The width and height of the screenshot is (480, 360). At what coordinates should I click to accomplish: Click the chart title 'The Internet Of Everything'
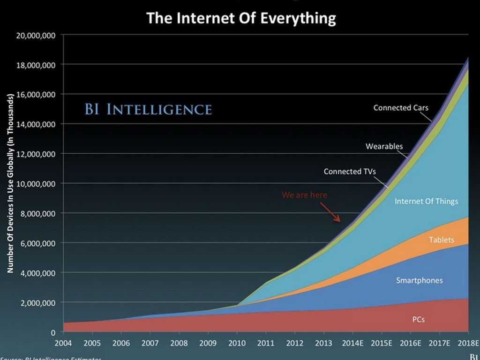241,18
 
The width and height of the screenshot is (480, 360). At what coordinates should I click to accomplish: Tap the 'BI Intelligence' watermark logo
148,109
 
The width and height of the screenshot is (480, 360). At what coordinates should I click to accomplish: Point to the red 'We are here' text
305,195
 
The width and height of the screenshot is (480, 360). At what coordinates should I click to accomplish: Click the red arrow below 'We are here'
334,213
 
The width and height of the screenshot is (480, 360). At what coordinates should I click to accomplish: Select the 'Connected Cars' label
401,108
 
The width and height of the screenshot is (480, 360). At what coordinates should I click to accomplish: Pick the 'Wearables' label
384,146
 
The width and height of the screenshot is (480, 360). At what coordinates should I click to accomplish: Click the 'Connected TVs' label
350,172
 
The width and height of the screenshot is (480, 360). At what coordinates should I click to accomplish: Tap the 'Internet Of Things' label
426,202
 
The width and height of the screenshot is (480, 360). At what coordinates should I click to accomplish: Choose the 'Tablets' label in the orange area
442,240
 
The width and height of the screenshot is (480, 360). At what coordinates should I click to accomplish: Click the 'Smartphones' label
419,280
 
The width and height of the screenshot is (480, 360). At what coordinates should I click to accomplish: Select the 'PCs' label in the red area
419,320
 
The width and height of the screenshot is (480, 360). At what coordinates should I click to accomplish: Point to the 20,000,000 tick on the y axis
36,35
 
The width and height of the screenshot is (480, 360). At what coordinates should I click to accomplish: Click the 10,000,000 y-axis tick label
36,183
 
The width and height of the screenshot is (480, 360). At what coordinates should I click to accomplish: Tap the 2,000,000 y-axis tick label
38,302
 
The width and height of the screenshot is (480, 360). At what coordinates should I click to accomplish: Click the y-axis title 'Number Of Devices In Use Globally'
10,183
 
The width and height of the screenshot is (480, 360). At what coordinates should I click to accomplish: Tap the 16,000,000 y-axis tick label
36,94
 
